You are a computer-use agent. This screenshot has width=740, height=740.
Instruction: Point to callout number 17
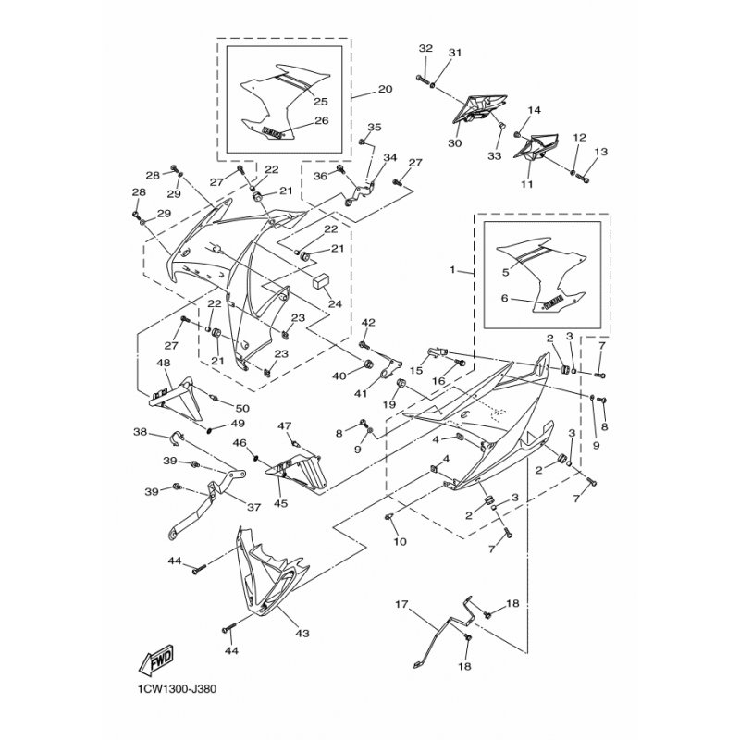tap(402, 607)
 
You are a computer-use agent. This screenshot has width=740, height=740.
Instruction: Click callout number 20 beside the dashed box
tap(385, 90)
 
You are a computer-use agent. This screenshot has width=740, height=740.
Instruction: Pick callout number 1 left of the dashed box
tap(453, 272)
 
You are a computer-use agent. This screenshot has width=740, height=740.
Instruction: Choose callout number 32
tap(425, 48)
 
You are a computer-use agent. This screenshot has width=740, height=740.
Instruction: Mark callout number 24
tap(334, 302)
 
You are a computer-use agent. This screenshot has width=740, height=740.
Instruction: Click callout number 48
tap(164, 364)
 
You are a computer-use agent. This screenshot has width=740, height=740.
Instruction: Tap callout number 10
tap(400, 541)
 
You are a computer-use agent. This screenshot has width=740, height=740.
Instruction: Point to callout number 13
tap(601, 152)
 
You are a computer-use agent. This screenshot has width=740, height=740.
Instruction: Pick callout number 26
tap(321, 121)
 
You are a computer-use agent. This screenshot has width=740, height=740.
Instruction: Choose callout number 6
tap(505, 299)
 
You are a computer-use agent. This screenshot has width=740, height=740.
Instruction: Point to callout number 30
tap(453, 144)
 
